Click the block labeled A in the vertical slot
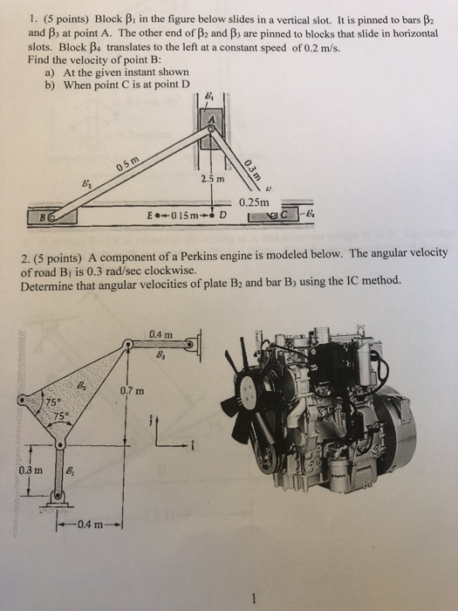click(x=210, y=117)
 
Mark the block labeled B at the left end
click(x=46, y=213)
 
